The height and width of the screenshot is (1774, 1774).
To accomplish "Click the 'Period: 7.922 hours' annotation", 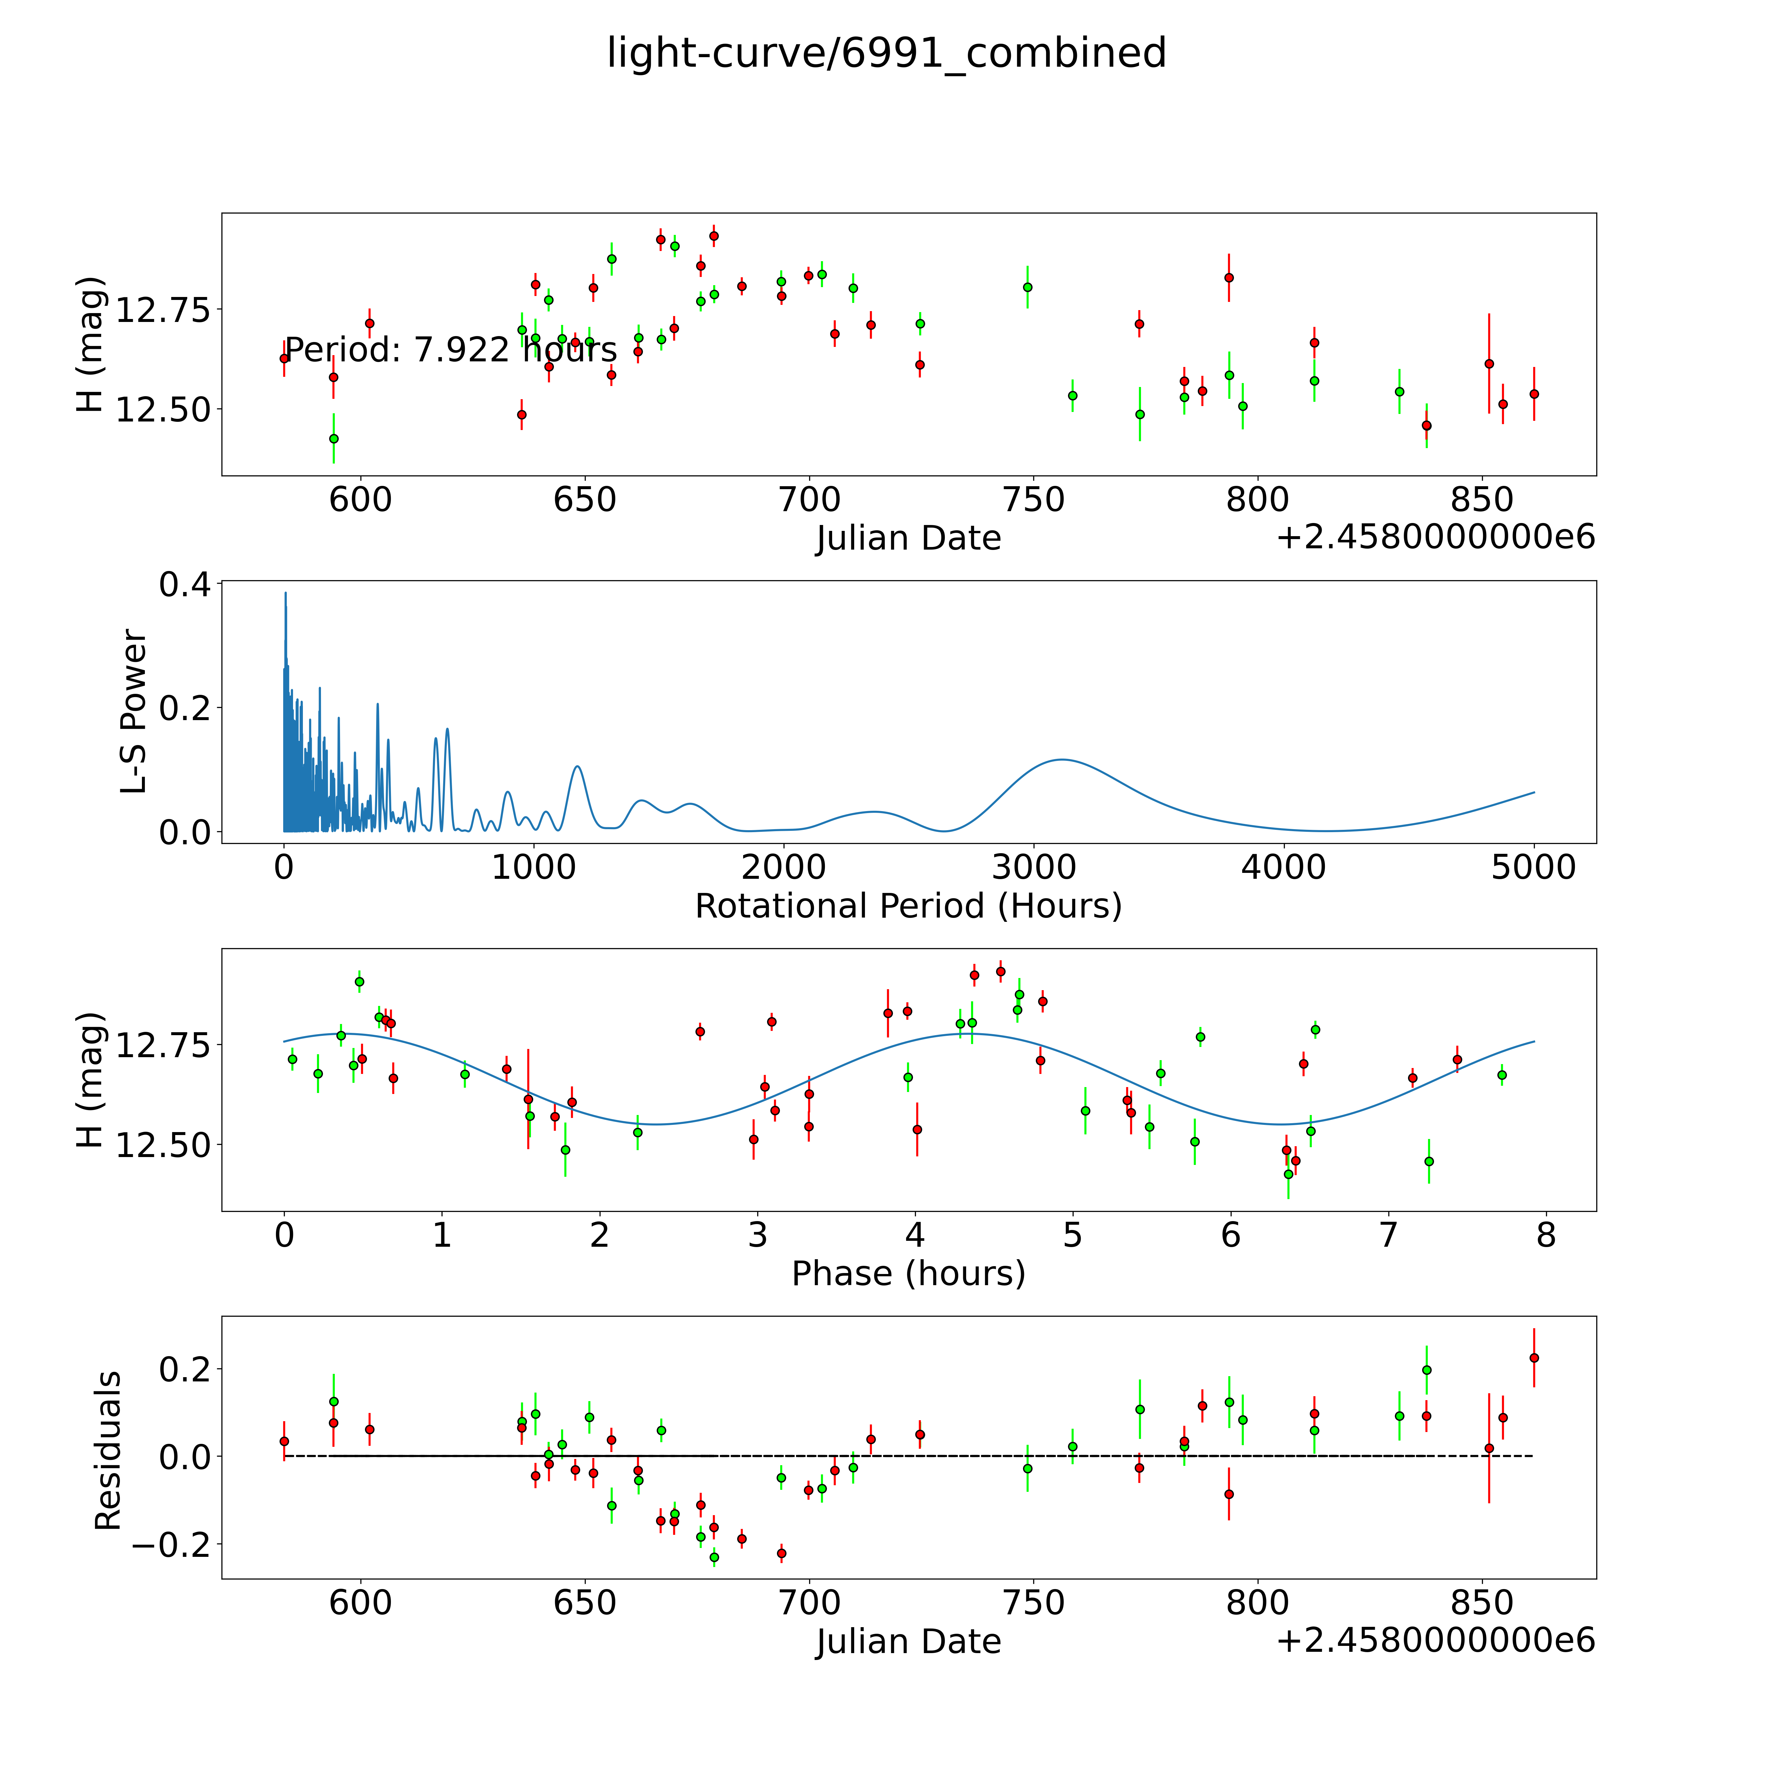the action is point(450,350).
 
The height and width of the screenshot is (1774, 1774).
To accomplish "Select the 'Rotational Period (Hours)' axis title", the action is point(908,906).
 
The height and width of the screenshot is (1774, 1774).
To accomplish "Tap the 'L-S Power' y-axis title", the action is point(134,712).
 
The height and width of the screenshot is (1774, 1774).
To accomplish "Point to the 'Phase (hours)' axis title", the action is point(908,1274).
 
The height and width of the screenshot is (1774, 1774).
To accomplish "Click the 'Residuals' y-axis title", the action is point(108,1451).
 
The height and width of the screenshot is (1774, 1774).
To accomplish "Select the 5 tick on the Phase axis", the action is point(1073,1235).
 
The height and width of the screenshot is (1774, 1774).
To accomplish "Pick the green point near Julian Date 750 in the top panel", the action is point(1028,287).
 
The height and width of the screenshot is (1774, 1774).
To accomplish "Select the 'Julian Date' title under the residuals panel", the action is point(908,1641).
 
